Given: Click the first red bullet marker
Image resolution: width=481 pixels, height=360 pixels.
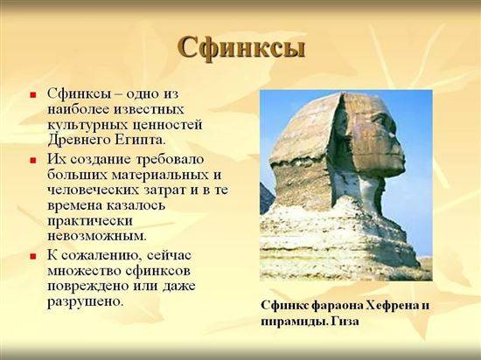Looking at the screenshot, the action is coord(33,94).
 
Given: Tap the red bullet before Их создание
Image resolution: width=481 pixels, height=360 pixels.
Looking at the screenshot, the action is coord(33,161).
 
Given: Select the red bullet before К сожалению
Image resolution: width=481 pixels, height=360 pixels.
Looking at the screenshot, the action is coord(33,256).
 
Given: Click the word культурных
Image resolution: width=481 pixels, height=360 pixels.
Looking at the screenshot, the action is coord(88,126).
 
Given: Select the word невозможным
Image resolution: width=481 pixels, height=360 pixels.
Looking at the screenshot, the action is coord(97,236).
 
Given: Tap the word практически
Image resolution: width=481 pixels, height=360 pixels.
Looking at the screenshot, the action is coord(90,221).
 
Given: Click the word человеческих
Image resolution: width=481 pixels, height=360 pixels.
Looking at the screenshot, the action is coord(94,190).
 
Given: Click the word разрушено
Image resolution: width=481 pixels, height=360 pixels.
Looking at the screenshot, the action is coord(86,301).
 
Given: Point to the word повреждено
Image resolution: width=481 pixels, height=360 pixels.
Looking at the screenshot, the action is coord(88,286).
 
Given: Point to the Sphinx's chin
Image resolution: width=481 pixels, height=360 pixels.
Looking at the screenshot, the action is coord(395,171).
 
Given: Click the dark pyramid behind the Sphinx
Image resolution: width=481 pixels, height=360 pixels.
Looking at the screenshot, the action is coord(266,199).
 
